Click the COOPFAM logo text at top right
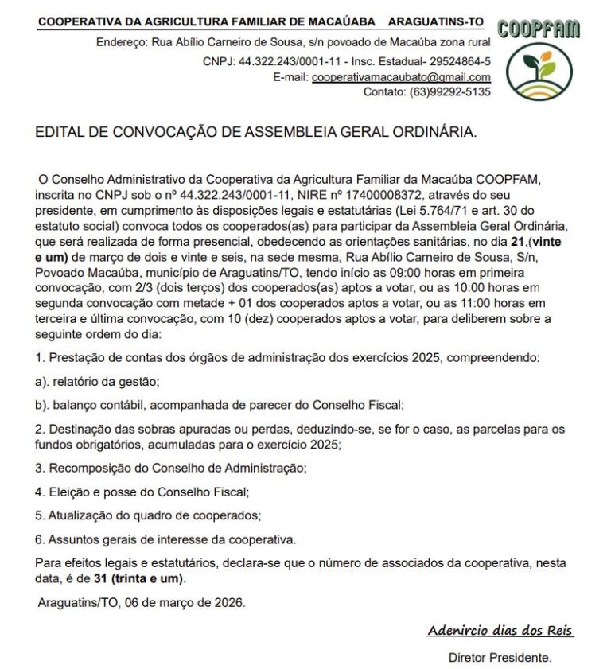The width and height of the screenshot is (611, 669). (x=539, y=29)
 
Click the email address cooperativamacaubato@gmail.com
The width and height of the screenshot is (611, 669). (x=401, y=77)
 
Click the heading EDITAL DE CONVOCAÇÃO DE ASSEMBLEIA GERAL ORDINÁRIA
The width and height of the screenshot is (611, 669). (x=256, y=132)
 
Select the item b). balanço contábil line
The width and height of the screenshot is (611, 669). (x=219, y=405)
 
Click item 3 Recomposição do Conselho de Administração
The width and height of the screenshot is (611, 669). (x=171, y=469)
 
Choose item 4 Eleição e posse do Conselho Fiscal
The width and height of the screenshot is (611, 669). (x=142, y=492)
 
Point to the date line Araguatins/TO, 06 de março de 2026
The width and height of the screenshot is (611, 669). (x=142, y=602)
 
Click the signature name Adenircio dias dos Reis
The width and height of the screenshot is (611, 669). (x=500, y=631)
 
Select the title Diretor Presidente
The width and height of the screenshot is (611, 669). (x=500, y=658)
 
